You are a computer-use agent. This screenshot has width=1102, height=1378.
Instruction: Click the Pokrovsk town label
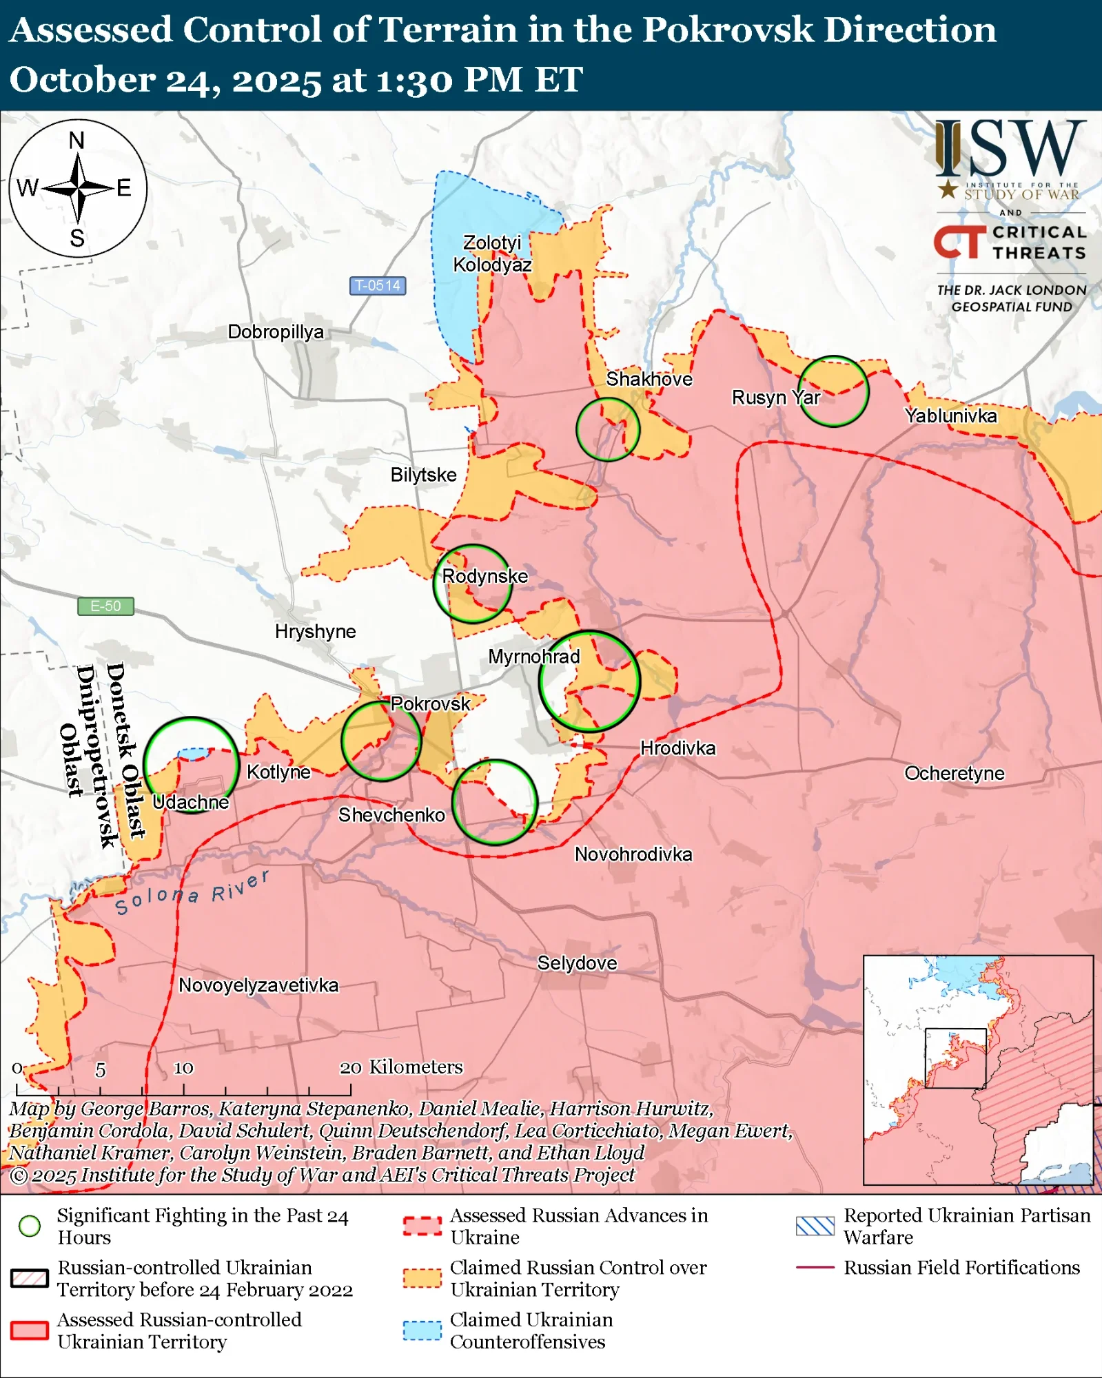pyautogui.click(x=430, y=703)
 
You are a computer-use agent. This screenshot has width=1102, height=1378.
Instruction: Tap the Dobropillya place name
pyautogui.click(x=276, y=332)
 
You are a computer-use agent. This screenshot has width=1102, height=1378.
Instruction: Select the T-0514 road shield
pyautogui.click(x=377, y=285)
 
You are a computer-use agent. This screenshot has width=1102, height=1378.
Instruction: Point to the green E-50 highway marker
pyautogui.click(x=105, y=606)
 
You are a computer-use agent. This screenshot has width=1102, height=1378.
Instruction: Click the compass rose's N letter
pyautogui.click(x=77, y=141)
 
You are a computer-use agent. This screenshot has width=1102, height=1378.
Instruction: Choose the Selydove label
pyautogui.click(x=577, y=963)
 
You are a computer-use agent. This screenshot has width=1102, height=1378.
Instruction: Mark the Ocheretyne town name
pyautogui.click(x=954, y=773)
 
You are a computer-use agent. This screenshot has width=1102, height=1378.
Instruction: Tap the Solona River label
pyautogui.click(x=192, y=893)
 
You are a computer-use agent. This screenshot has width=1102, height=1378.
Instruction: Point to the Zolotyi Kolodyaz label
pyautogui.click(x=492, y=254)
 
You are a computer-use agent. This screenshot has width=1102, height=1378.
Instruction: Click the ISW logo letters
pyautogui.click(x=1010, y=148)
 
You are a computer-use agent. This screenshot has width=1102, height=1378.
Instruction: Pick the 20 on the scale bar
pyautogui.click(x=350, y=1068)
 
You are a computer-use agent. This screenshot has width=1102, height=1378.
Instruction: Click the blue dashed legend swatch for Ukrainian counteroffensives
pyautogui.click(x=422, y=1330)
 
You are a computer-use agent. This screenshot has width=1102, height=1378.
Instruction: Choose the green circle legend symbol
pyautogui.click(x=30, y=1226)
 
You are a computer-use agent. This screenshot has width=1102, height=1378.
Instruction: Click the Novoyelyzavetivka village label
pyautogui.click(x=258, y=985)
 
